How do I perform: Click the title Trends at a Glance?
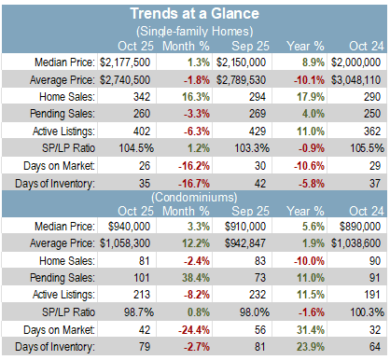pyautogui.click(x=195, y=14)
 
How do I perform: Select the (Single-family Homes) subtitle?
pyautogui.click(x=195, y=31)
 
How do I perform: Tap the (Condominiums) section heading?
pyautogui.click(x=194, y=197)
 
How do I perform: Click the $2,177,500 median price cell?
pyautogui.click(x=125, y=62)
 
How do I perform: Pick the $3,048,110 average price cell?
pyautogui.click(x=355, y=80)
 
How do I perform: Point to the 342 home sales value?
pyautogui.click(x=142, y=97)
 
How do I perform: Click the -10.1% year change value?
pyautogui.click(x=309, y=80)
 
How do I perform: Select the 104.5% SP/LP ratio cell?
pyautogui.click(x=136, y=148)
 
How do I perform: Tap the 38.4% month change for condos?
pyautogui.click(x=196, y=277)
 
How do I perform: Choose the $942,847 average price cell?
pyautogui.click(x=245, y=243)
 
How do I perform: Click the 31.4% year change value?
pyautogui.click(x=311, y=329)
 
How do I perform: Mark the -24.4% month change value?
pyautogui.click(x=194, y=329)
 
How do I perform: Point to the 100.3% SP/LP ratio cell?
pyautogui.click(x=368, y=312)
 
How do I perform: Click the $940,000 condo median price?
pyautogui.click(x=129, y=227)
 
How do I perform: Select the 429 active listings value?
pyautogui.click(x=258, y=131)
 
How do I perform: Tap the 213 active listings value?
pyautogui.click(x=142, y=295)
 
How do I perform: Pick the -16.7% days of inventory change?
pyautogui.click(x=194, y=184)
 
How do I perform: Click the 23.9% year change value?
pyautogui.click(x=311, y=347)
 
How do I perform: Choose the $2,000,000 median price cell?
pyautogui.click(x=355, y=62)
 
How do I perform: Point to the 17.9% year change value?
pyautogui.click(x=311, y=97)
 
